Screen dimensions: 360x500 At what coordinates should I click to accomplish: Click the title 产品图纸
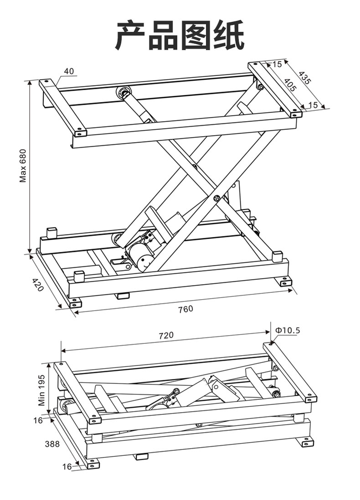point(180,35)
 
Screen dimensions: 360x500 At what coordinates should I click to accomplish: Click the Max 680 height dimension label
point(23,165)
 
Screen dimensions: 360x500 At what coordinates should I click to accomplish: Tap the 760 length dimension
point(186,309)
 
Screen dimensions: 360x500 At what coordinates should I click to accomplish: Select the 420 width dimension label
point(38,284)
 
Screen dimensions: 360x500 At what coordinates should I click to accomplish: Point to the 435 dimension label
point(304,78)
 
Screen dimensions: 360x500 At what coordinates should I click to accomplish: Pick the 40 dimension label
point(69,71)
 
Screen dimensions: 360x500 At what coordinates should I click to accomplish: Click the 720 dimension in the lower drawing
point(166,335)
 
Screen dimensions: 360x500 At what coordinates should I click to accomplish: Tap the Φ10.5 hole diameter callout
point(288,330)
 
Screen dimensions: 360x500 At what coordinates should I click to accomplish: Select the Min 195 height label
point(42,390)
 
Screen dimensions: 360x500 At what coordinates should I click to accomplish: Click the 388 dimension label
point(52,444)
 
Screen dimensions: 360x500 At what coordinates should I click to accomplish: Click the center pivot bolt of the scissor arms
point(217,199)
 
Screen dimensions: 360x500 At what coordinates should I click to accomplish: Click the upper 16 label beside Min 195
point(38,420)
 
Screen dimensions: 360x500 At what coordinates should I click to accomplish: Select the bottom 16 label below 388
point(67,466)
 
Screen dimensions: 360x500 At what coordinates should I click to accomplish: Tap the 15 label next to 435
point(278,64)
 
